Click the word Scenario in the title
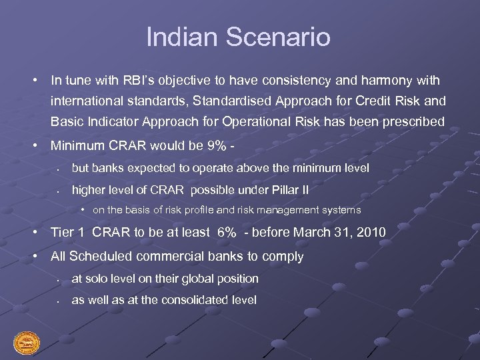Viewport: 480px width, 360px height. tap(279, 37)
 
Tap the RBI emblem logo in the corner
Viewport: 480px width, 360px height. tap(27, 343)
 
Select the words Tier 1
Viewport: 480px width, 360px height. tap(68, 233)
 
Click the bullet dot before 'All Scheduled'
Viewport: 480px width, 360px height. tap(34, 256)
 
